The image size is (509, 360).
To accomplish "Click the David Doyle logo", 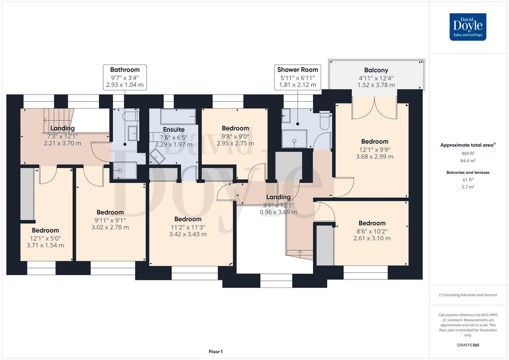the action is point(468,27).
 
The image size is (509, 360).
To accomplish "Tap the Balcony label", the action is point(376,70).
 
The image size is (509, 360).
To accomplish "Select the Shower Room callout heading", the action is point(297,70).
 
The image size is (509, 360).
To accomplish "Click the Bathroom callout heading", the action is point(125,70).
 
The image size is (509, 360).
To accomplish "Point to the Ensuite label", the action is point(173,129).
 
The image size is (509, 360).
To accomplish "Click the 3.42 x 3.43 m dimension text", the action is point(187,234).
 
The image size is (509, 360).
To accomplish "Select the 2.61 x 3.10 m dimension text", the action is point(372,238).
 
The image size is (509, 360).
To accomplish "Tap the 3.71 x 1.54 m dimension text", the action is point(45,245).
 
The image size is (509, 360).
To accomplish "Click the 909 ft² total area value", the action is point(468,153).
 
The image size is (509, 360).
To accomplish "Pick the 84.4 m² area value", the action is point(468,161).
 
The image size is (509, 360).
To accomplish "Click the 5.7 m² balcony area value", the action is point(468,187).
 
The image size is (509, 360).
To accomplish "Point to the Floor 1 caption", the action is point(215,352).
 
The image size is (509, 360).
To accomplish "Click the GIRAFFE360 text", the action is point(468,345).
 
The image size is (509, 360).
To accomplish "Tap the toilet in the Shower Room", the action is point(325,120).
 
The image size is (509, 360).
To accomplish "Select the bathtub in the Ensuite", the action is point(178,117).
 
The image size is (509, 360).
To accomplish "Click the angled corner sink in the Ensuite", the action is point(157,156).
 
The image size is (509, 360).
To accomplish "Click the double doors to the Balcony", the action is point(374,108).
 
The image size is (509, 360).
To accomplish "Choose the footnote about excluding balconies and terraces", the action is point(468,295).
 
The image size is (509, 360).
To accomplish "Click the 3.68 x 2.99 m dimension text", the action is point(375,156).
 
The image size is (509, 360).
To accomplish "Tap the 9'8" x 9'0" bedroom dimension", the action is point(235,137).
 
